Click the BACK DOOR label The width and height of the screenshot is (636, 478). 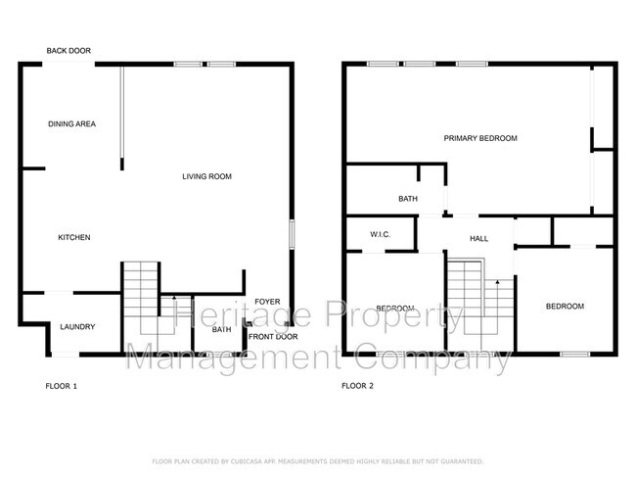pos(68,51)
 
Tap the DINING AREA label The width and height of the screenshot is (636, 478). pos(71,124)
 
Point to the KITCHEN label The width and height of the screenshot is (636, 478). pos(74,238)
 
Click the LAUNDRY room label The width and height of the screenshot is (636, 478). pos(75,327)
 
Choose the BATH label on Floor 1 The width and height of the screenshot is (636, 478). pos(221,330)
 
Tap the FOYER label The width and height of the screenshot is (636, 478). pos(267,301)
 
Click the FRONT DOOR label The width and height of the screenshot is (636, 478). pos(273,337)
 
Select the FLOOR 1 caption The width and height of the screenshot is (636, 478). pos(61,386)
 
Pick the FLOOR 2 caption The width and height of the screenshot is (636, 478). pos(356,386)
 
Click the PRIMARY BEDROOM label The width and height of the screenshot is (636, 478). pos(479,139)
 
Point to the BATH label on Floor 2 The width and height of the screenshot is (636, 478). pos(408,199)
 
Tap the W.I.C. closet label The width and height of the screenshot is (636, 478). pos(381,234)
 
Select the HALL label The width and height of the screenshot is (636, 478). pos(478,238)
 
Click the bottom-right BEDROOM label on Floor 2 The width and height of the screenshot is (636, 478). pos(565,307)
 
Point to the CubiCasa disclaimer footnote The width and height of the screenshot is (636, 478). pos(318,460)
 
